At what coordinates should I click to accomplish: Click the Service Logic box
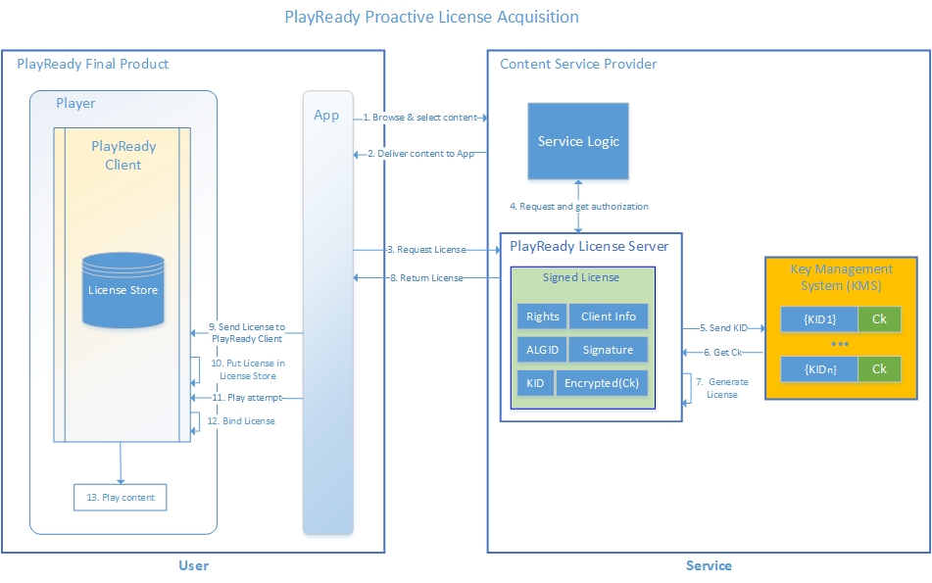click(x=578, y=141)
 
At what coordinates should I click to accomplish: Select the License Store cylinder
click(x=123, y=290)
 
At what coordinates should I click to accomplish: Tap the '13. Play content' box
click(x=121, y=498)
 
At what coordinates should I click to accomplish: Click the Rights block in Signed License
click(x=542, y=316)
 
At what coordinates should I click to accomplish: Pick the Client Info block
click(x=608, y=316)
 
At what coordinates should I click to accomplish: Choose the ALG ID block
click(x=542, y=350)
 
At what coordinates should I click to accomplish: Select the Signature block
click(x=608, y=350)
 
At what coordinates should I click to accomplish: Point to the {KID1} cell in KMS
click(x=819, y=320)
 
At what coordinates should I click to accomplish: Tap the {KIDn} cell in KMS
click(x=819, y=369)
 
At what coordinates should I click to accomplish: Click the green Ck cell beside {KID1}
click(x=879, y=320)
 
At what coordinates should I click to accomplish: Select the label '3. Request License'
click(x=425, y=250)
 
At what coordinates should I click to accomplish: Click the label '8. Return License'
click(x=425, y=278)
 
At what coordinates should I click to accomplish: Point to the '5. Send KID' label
click(x=723, y=327)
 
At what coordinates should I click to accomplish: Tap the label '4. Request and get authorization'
click(x=578, y=207)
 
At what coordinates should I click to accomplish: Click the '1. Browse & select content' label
click(x=420, y=118)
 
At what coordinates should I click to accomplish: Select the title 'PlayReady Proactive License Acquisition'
click(x=431, y=17)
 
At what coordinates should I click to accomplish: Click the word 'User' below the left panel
click(x=193, y=565)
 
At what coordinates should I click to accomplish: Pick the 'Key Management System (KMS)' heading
click(x=841, y=276)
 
